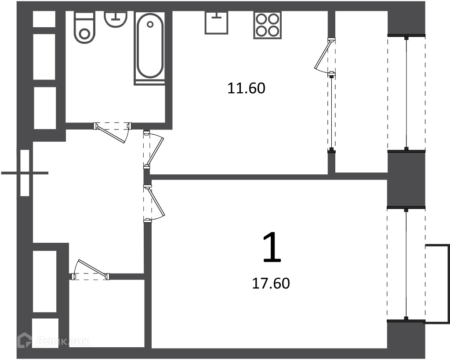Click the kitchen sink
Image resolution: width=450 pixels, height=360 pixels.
click(x=216, y=23)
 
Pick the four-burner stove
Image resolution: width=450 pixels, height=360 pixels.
click(x=267, y=25)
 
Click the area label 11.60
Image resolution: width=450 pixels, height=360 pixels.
click(x=246, y=88)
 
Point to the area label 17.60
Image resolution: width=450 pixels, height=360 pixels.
click(x=271, y=283)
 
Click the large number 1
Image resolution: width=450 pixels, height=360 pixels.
click(x=272, y=248)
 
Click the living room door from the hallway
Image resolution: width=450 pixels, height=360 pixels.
click(x=154, y=203)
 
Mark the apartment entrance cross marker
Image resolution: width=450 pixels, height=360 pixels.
click(x=25, y=173)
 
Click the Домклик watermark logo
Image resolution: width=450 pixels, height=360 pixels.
click(x=53, y=341)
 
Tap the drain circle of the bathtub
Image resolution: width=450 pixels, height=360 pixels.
click(x=150, y=24)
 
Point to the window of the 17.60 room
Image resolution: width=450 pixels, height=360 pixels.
click(x=406, y=264)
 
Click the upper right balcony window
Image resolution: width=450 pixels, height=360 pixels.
click(x=406, y=93)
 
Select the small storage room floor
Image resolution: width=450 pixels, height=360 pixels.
click(x=107, y=313)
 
